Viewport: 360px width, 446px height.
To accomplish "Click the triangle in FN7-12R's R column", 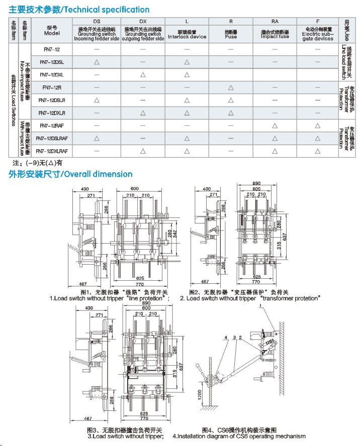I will [x=231, y=87].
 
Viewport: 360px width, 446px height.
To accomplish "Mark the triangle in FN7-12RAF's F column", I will [x=318, y=126].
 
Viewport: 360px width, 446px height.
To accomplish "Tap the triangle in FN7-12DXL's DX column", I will [x=143, y=75].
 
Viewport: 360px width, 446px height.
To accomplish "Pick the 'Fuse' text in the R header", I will [x=231, y=37].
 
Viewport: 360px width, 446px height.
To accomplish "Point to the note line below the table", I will [x=38, y=163].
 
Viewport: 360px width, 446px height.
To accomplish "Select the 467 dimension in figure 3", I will [x=89, y=418].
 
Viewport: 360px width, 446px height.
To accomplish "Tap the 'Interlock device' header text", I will [x=187, y=37].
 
